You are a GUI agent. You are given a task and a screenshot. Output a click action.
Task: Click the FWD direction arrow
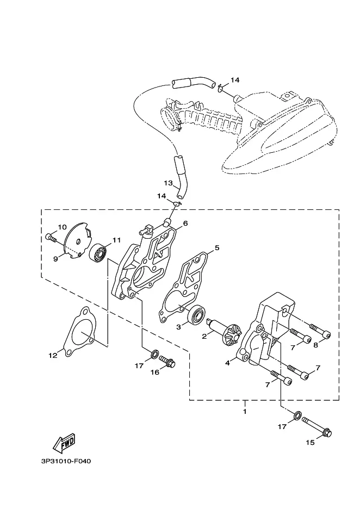tap(64, 443)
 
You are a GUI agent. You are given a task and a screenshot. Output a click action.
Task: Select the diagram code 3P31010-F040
tap(66, 461)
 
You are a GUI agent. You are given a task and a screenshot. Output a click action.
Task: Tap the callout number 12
tap(53, 356)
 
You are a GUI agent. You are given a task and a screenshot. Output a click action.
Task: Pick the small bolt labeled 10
tap(52, 238)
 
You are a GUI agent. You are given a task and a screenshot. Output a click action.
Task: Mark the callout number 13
tap(168, 183)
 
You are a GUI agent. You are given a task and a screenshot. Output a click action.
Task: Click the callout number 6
tap(185, 224)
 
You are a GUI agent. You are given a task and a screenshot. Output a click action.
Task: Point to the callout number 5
tap(217, 247)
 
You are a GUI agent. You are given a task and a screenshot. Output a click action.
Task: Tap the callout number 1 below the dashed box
tap(245, 411)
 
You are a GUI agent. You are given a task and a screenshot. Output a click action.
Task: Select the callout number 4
tap(227, 363)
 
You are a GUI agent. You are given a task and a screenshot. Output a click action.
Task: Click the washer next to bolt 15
tap(297, 415)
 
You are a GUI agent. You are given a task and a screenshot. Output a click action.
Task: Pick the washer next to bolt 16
tap(155, 353)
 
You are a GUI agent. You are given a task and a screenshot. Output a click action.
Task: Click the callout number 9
tap(55, 259)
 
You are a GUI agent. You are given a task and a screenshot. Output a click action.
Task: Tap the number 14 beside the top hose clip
tap(235, 80)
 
